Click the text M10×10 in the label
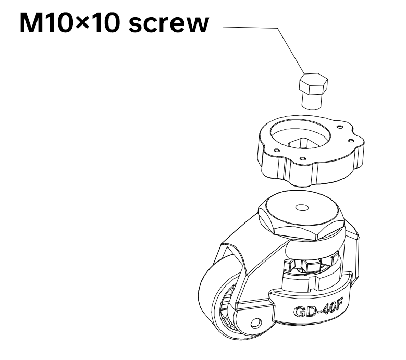click(70, 23)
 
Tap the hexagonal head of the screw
click(313, 83)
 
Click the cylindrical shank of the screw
click(312, 101)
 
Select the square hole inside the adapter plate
click(300, 144)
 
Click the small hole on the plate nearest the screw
click(340, 127)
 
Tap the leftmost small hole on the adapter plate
click(277, 150)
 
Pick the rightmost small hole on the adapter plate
click(351, 141)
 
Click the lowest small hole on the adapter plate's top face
click(302, 159)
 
